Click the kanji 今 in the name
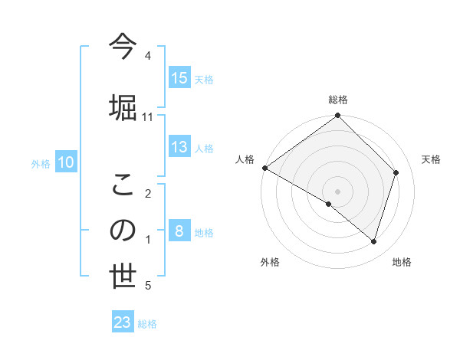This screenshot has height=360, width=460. point(123,47)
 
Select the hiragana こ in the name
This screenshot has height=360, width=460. point(123,185)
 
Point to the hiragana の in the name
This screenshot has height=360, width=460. point(123,230)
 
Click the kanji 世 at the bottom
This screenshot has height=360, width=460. point(123,277)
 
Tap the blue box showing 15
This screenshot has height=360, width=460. point(179,78)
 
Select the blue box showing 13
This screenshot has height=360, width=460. point(179,147)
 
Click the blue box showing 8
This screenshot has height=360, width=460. point(179,231)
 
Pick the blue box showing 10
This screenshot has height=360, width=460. point(65,162)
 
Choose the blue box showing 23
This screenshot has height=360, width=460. point(123,322)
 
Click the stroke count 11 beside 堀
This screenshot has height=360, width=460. point(147,117)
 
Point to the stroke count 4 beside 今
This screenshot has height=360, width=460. point(147,56)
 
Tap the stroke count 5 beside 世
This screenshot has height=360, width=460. point(147,286)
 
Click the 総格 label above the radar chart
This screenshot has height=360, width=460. point(338,100)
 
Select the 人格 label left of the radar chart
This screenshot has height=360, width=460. point(245,159)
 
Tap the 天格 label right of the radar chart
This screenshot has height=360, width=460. point(431,159)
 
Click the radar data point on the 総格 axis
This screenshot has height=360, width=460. point(338,116)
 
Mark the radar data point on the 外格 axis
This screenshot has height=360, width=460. point(329,204)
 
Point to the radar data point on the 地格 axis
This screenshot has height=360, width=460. point(374,241)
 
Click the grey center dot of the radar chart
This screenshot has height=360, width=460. point(338,191)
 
